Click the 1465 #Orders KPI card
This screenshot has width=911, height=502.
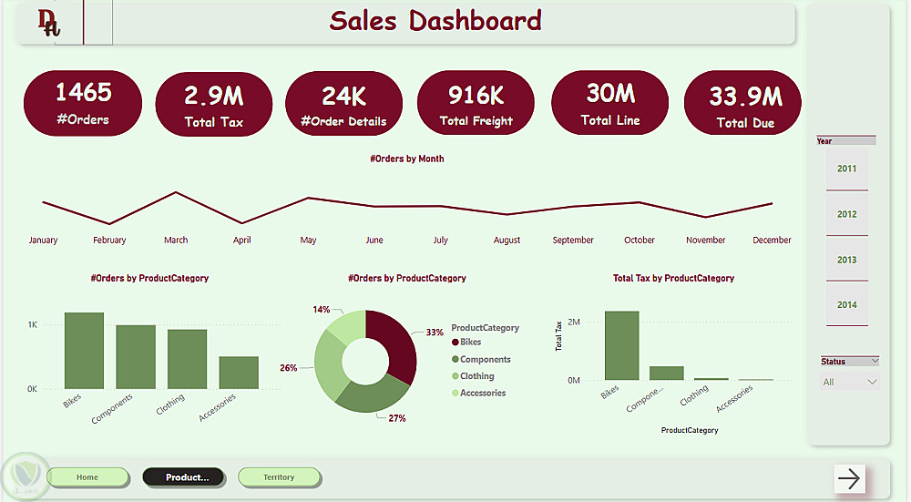pos(83,103)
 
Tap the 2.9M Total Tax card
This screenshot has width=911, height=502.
pos(214,105)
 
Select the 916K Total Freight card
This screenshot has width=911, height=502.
pos(476,103)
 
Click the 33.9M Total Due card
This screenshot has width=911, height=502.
pos(742,106)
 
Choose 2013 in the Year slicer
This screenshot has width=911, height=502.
pos(847,260)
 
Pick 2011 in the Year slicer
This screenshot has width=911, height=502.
pos(847,169)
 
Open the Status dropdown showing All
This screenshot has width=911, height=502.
pos(849,382)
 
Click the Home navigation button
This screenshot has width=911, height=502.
pos(87,477)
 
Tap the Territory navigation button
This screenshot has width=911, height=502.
pos(279,477)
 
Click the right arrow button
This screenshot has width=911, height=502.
pos(849,478)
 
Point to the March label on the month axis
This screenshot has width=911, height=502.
pos(176,241)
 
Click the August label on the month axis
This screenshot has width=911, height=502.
pos(507,241)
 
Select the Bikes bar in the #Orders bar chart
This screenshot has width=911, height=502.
pos(84,351)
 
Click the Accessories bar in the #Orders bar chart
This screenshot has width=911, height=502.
pos(239,373)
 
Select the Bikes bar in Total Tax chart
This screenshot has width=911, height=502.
pos(621,345)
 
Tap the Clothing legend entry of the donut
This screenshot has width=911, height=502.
pos(476,376)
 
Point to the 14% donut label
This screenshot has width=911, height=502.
pos(321,310)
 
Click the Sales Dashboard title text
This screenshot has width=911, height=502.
pos(435,21)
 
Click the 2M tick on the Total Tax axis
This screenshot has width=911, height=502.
pos(574,323)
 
